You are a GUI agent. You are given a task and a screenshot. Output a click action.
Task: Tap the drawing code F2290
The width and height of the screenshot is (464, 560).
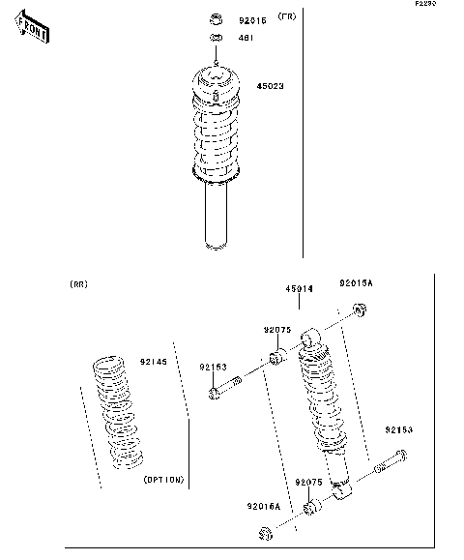click(426, 5)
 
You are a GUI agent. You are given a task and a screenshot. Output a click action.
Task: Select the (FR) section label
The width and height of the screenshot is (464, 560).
click(287, 17)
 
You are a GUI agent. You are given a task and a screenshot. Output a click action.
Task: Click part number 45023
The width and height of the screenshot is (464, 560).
click(270, 86)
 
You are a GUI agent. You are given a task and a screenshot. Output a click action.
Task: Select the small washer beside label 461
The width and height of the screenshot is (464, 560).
click(217, 40)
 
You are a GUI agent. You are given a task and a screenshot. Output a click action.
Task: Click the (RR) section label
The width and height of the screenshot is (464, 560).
click(78, 284)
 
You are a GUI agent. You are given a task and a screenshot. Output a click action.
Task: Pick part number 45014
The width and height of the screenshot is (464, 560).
click(299, 289)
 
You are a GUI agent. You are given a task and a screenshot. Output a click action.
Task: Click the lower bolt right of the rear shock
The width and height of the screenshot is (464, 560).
click(387, 464)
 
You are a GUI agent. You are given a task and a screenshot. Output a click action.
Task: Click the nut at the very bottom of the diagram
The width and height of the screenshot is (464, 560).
click(264, 535)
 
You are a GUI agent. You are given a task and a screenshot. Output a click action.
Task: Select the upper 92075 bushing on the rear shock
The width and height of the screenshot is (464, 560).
click(275, 359)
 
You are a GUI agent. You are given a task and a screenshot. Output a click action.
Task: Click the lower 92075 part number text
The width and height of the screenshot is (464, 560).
click(309, 482)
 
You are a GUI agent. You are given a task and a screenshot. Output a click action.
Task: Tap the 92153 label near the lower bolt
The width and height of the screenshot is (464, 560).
click(398, 429)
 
